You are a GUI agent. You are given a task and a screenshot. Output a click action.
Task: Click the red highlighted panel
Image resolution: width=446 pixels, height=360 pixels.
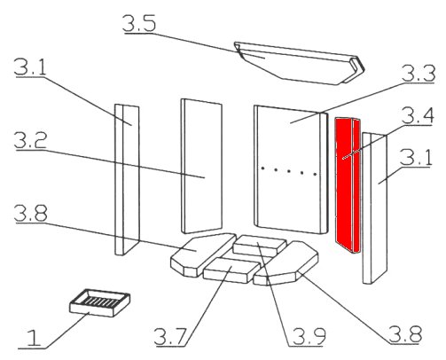coord(348,185)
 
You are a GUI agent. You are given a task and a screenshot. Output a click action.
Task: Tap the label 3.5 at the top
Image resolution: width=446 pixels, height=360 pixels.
coord(139,23)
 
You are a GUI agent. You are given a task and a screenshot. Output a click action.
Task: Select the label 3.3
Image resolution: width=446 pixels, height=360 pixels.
coord(418,74)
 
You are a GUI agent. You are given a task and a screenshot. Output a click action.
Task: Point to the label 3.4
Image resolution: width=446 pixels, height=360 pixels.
coord(418,116)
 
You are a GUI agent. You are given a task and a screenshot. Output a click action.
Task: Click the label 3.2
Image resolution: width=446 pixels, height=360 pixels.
coord(30,140)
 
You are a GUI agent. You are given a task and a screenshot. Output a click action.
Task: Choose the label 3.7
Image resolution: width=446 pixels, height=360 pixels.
coord(170,337)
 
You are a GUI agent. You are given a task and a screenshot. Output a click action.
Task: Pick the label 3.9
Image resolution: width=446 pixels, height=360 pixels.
coord(309,336)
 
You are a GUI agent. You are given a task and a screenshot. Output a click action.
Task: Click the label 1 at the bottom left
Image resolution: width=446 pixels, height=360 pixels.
coord(34,339)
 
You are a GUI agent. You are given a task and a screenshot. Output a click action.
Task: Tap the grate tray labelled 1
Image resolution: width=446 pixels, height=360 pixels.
coord(99,302)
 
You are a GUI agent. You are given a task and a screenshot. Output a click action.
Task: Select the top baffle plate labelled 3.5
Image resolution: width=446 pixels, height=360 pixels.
coord(299,63)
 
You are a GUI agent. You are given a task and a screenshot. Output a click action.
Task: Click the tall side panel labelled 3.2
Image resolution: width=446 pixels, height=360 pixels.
coord(201,166)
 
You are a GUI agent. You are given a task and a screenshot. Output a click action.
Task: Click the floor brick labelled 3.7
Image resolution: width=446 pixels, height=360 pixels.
coord(231,270)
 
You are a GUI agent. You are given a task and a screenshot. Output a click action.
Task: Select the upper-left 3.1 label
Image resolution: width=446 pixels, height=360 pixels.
coord(30,67)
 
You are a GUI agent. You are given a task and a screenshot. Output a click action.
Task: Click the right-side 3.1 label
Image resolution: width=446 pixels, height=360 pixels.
coord(416,158)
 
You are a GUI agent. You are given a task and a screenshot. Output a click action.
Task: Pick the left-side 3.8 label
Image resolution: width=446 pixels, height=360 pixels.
coord(30,214)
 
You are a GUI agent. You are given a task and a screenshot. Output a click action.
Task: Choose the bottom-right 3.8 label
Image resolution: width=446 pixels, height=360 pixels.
coord(405,334)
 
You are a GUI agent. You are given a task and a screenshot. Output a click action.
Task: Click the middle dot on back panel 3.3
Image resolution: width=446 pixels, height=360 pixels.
coord(288,171)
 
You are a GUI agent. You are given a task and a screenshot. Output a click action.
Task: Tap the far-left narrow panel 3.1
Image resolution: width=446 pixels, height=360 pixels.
coord(127,179)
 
